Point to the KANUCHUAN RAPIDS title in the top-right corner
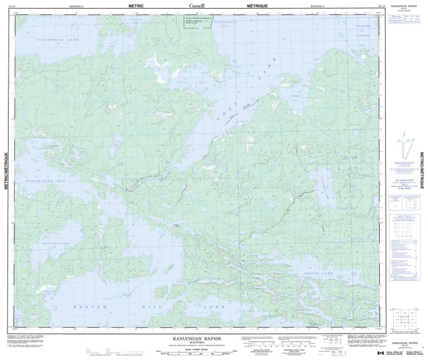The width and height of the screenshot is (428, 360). [404, 5]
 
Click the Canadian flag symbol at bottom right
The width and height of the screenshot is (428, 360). [380, 353]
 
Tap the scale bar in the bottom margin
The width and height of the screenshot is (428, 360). [193, 351]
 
